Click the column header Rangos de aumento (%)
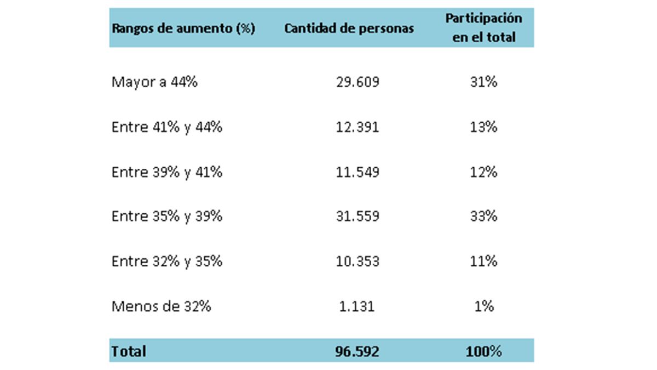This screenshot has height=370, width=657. (183, 29)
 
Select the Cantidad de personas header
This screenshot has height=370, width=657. (349, 29)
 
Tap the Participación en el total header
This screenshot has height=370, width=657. (483, 28)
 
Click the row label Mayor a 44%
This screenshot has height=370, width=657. (154, 82)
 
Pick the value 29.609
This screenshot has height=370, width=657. (358, 82)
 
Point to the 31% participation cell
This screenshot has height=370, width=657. (483, 82)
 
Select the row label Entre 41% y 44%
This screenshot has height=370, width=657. (166, 127)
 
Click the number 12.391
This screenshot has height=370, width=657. (358, 127)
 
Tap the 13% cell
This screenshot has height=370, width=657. (483, 127)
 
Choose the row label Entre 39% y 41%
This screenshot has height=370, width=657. (166, 172)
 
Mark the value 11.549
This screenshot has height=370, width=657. (358, 172)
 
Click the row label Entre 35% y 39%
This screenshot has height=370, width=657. (166, 217)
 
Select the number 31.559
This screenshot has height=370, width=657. (358, 217)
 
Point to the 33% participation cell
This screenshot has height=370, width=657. (483, 217)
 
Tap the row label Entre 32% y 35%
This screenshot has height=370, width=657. (166, 261)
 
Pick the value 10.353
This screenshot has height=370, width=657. (358, 261)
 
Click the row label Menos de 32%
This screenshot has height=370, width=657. (161, 306)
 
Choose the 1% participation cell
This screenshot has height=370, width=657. (483, 306)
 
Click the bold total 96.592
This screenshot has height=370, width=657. (357, 351)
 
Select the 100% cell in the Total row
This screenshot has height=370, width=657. (483, 351)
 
